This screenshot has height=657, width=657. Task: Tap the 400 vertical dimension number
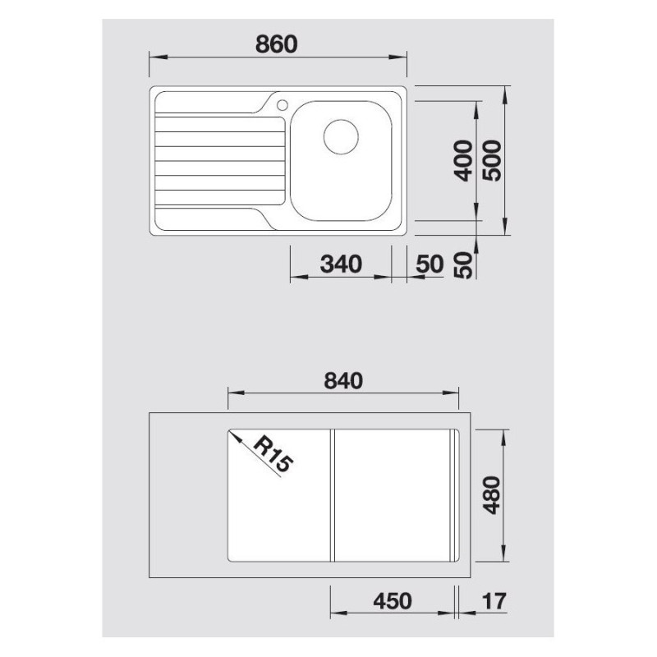pos(464,161)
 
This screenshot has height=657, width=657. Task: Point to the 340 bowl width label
pos(341,264)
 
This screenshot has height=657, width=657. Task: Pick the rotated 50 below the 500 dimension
pos(464,264)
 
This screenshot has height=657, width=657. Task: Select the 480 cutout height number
pos(492,495)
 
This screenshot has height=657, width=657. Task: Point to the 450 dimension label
pos(392,601)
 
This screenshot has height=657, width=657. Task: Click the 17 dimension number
pos(494,601)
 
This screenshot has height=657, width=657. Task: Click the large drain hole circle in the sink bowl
pos(341,136)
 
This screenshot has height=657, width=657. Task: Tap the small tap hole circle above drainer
pos(282,104)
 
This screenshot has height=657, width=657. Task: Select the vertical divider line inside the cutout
pos(332,495)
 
